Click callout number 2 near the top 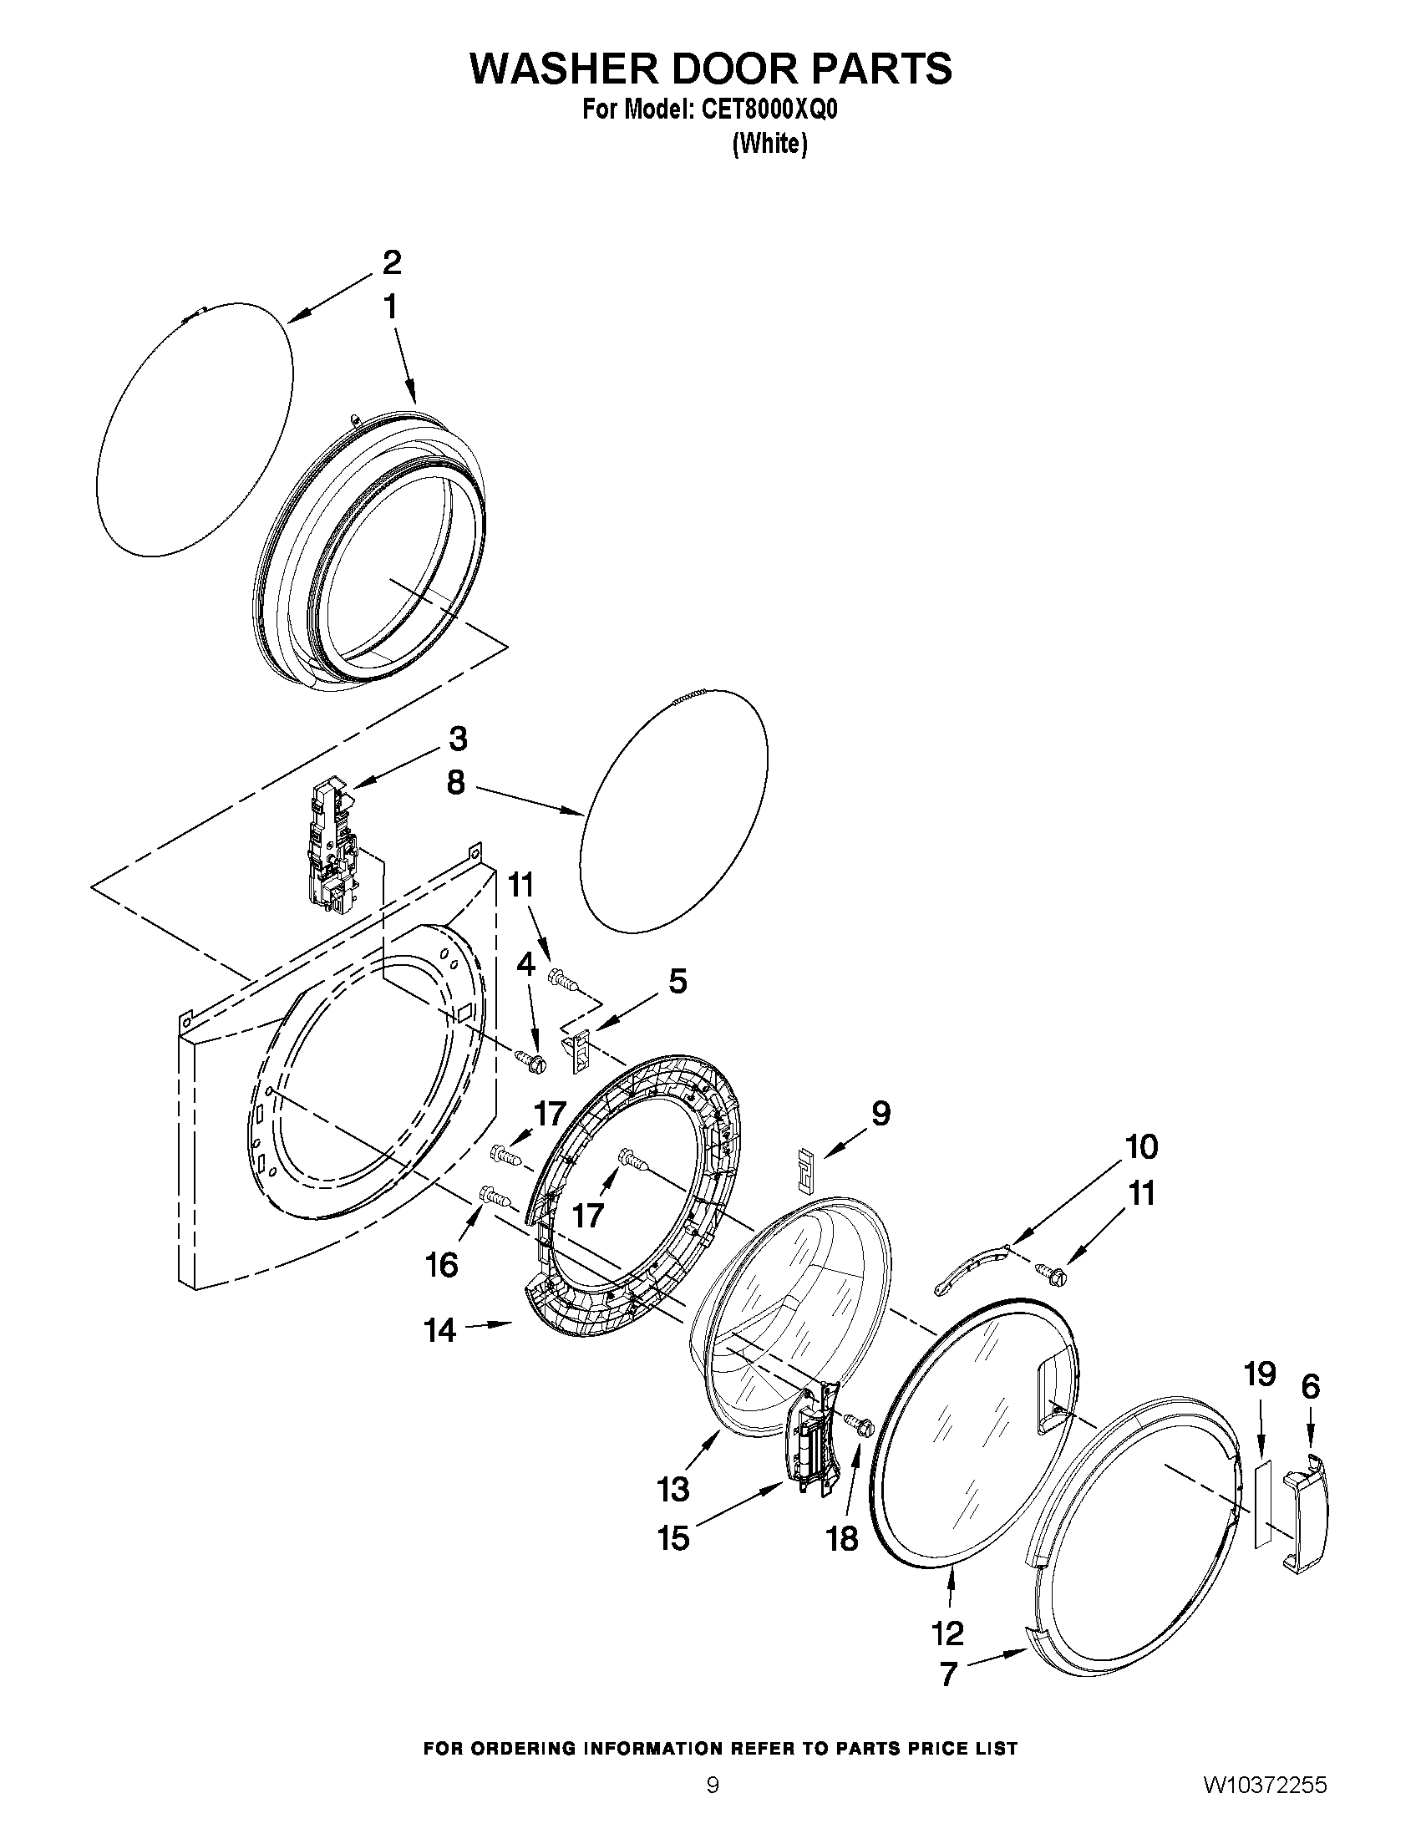(x=392, y=262)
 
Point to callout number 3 (x=457, y=739)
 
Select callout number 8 (x=454, y=782)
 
